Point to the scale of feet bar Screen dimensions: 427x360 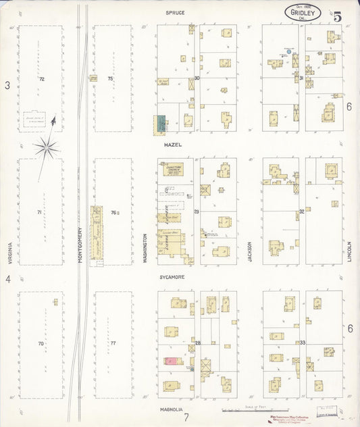240,409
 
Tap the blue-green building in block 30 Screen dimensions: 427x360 162,122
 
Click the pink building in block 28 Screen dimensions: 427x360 172,361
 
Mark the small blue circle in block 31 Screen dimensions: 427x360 288,51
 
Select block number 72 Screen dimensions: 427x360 42,80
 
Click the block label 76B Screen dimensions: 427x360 115,213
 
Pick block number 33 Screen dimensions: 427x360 303,343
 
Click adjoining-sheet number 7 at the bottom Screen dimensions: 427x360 184,419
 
